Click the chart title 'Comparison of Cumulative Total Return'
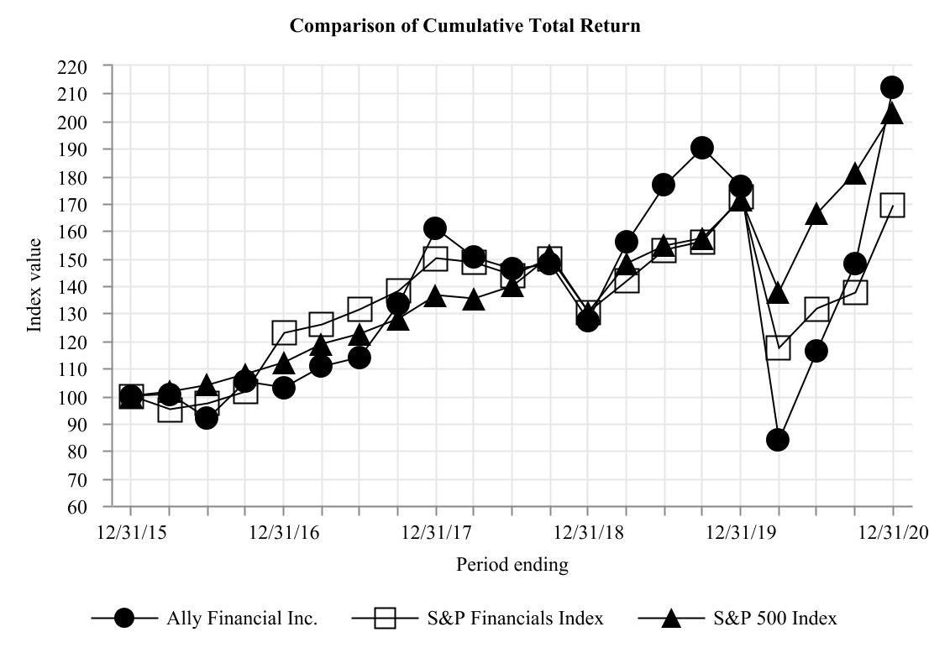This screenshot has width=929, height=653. point(464,26)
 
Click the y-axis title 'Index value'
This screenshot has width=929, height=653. point(34,285)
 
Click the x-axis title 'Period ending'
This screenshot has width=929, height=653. point(512,565)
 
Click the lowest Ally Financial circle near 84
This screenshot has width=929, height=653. point(778,440)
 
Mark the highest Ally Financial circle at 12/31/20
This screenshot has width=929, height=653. point(892,87)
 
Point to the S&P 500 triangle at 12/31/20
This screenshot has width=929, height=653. point(892,113)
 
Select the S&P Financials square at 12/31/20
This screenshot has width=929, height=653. point(892,205)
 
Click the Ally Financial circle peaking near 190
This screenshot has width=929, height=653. point(702,148)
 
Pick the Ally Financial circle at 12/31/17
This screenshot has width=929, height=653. point(435,228)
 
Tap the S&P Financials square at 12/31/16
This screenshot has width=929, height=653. point(284,332)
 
